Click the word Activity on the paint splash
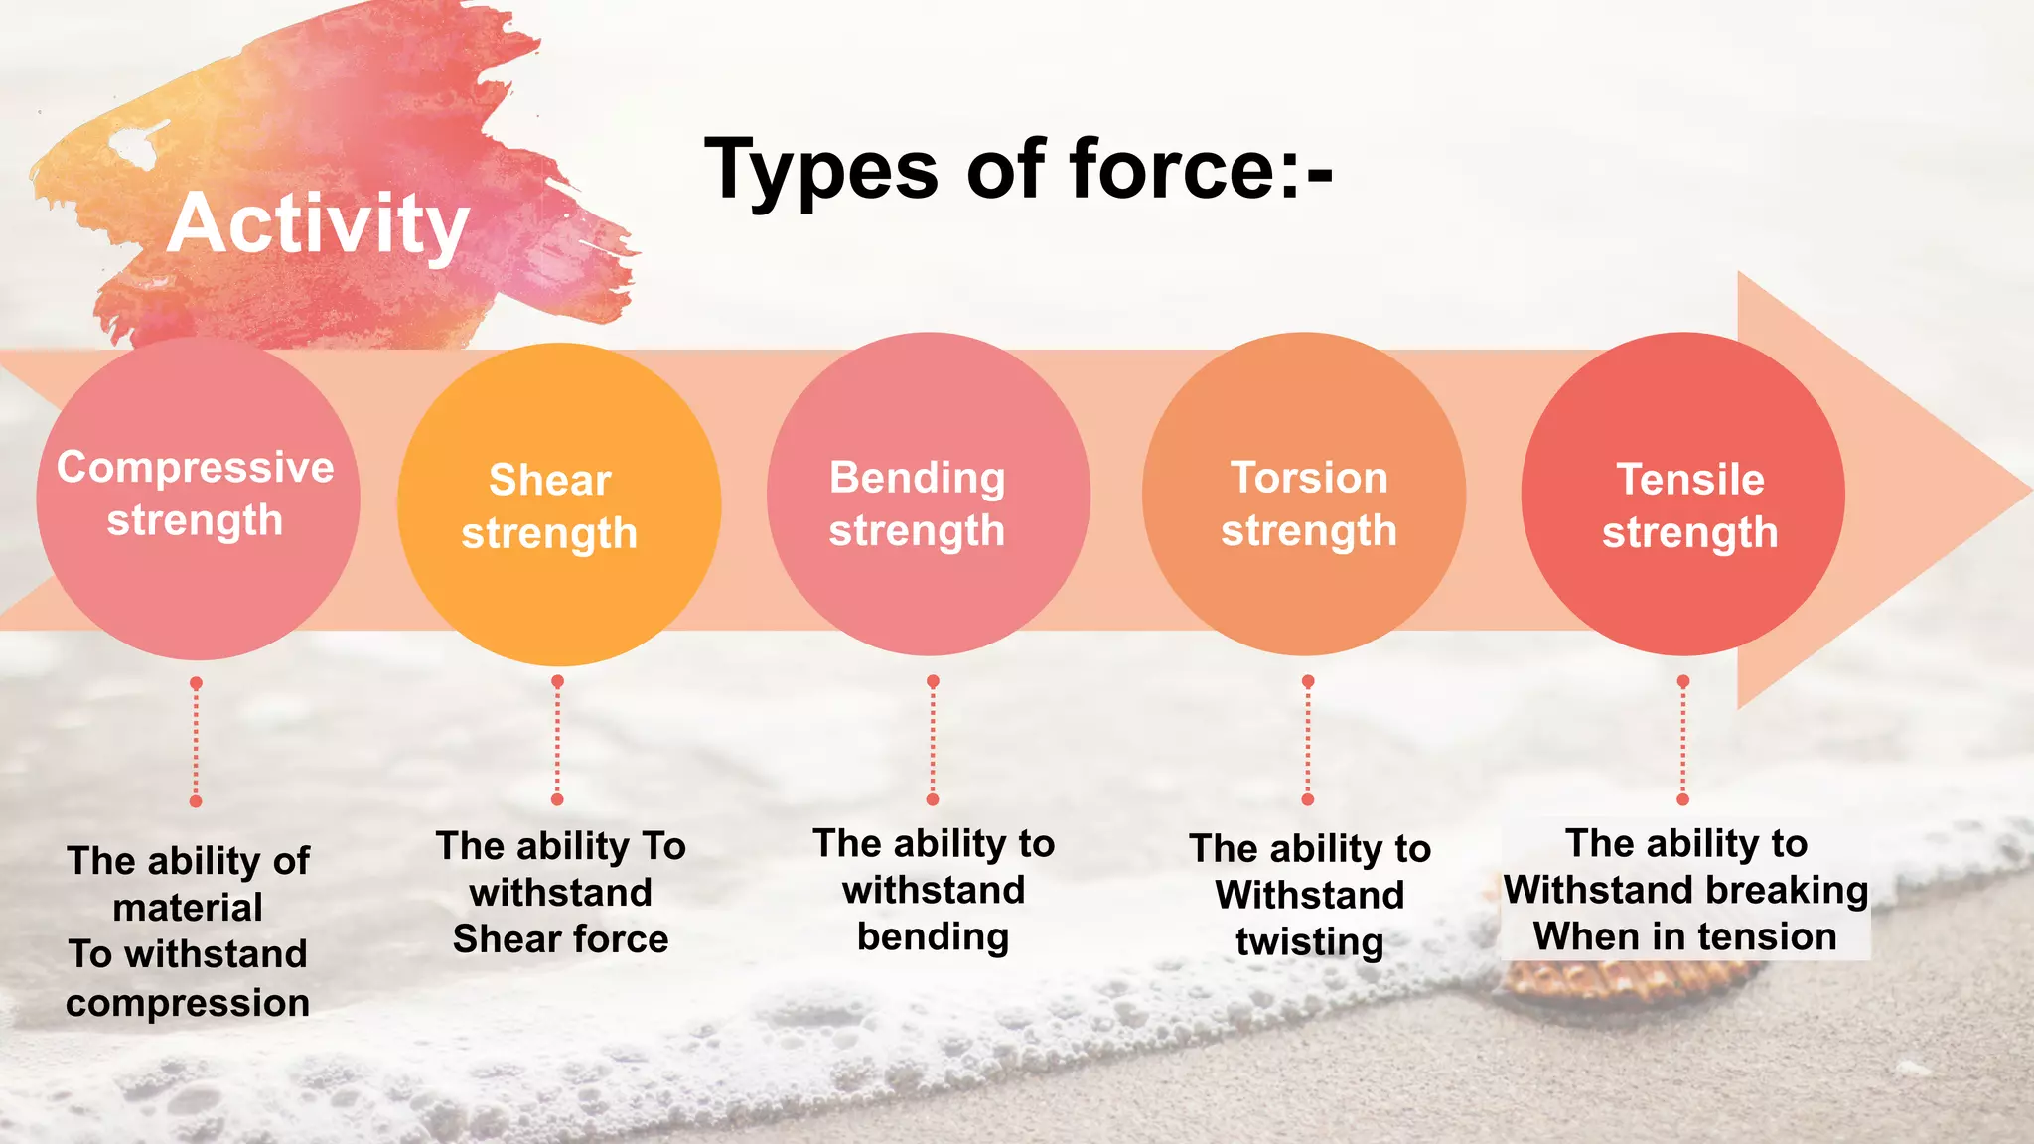(x=318, y=224)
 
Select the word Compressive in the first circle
(x=196, y=467)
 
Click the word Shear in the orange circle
(x=549, y=480)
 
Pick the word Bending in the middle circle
(x=917, y=478)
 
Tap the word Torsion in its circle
(x=1309, y=478)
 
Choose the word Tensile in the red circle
(x=1690, y=480)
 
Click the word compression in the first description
(x=188, y=1003)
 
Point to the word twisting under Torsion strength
(x=1309, y=941)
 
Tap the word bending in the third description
(x=933, y=936)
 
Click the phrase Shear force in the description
(x=560, y=938)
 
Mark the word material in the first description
(x=188, y=907)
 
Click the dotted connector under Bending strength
(x=933, y=741)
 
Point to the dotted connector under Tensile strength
(x=1682, y=741)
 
